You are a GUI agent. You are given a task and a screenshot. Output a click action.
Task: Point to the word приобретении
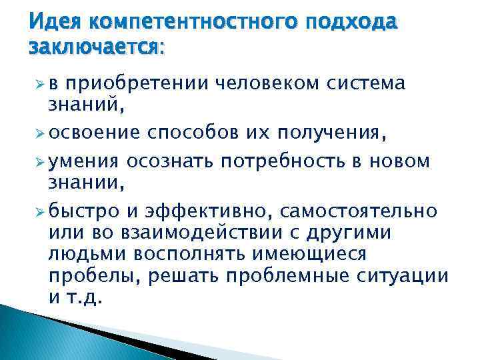[138, 84]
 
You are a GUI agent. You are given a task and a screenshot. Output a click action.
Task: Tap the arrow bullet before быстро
[39, 211]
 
